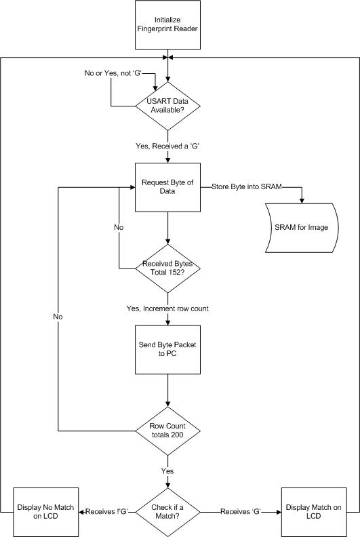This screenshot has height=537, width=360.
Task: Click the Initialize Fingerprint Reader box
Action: click(x=167, y=24)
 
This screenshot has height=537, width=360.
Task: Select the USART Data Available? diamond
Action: click(x=167, y=106)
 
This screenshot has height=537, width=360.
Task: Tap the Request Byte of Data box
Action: click(x=167, y=187)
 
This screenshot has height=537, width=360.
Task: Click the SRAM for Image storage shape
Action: click(x=302, y=228)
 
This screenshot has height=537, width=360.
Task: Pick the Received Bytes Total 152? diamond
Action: click(x=167, y=268)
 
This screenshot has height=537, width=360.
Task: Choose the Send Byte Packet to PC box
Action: click(x=167, y=349)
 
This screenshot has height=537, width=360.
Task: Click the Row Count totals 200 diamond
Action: click(x=167, y=431)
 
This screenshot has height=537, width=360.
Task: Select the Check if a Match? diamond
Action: click(x=167, y=512)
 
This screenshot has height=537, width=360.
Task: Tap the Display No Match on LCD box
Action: click(x=45, y=512)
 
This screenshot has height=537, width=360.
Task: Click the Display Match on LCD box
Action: click(x=314, y=512)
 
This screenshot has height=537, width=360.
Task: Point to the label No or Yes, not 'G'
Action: click(x=113, y=73)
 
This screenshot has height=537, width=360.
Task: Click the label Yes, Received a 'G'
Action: click(x=167, y=146)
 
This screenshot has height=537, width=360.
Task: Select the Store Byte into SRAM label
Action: click(x=247, y=186)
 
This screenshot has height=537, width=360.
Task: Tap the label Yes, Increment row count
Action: click(x=167, y=309)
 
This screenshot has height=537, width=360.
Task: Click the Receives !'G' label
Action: click(x=107, y=512)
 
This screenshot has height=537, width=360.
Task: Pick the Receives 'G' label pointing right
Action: click(x=241, y=512)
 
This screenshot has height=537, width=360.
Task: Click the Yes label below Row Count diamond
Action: click(x=167, y=471)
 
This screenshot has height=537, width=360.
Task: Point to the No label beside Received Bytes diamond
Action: click(x=119, y=227)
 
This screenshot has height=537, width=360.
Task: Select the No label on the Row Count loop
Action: click(x=58, y=317)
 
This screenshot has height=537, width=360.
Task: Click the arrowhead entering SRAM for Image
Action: click(x=302, y=201)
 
